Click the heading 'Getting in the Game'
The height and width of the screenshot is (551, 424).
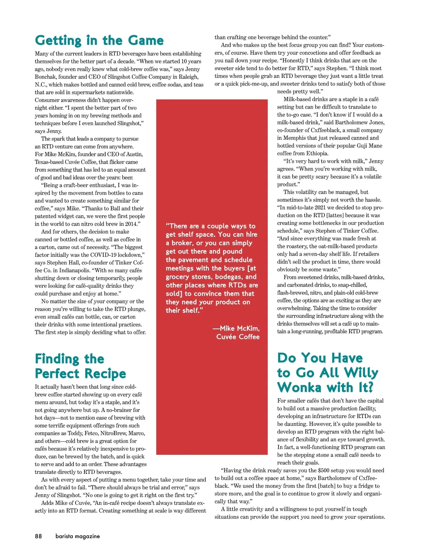coord(99,40)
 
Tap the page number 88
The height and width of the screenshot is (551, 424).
coord(38,536)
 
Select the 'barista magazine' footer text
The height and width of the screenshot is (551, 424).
coord(78,536)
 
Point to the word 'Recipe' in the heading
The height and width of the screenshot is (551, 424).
coord(105,373)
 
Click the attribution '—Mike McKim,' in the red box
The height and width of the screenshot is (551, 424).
coord(236,328)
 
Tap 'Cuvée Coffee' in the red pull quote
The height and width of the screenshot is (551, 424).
coord(238,337)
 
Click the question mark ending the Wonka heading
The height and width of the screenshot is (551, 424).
coord(370,387)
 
